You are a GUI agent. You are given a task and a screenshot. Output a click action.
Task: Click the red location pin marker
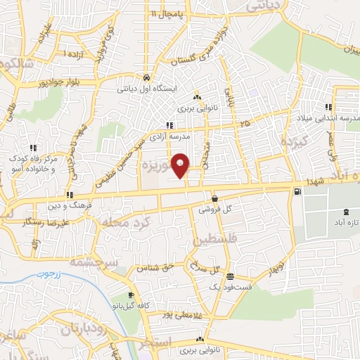[x=181, y=165]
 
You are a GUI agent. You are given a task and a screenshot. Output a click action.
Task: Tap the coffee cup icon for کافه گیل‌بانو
[x=130, y=295]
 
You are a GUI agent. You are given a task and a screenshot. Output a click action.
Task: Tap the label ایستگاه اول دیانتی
[x=146, y=89]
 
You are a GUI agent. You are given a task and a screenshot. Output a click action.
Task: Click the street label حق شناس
[x=157, y=269]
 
